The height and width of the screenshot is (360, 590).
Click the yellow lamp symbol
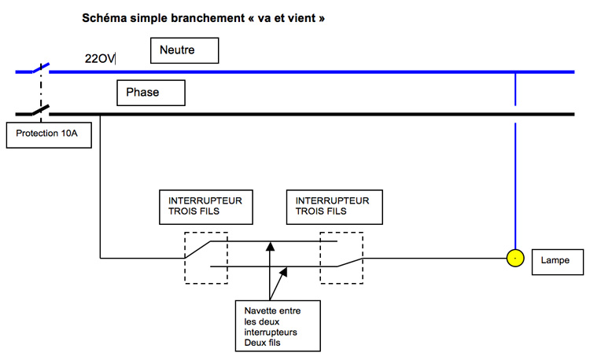point(515,258)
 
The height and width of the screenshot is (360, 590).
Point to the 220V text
point(100,59)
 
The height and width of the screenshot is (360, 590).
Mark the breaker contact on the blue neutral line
point(41,68)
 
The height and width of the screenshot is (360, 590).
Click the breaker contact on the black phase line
point(41,110)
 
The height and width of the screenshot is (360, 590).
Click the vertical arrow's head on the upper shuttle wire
point(270,246)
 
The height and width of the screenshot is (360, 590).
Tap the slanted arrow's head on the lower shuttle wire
point(284,271)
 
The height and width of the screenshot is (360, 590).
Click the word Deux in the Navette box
point(253,343)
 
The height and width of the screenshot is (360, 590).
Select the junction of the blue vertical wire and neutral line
point(515,72)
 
